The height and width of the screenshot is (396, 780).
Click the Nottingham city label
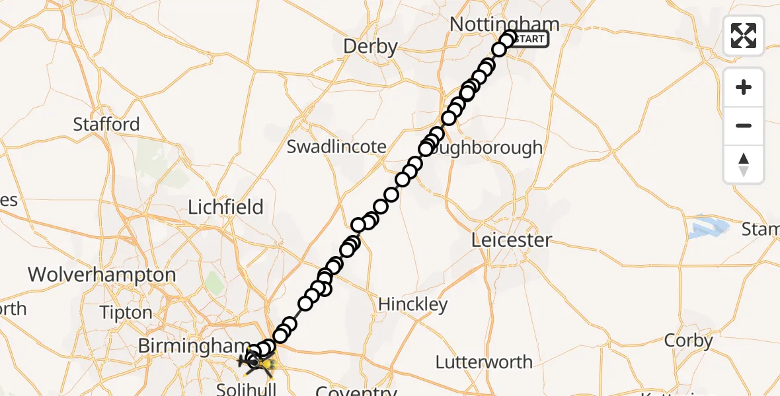pyautogui.click(x=504, y=24)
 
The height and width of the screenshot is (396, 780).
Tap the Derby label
pyautogui.click(x=370, y=47)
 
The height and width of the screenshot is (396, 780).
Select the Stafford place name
pyautogui.click(x=106, y=124)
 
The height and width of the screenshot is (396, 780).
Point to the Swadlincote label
pyautogui.click(x=336, y=147)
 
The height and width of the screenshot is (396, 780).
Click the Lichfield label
pyautogui.click(x=225, y=207)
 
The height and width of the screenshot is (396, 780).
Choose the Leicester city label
pyautogui.click(x=511, y=240)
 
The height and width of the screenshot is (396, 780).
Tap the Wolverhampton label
pyautogui.click(x=102, y=275)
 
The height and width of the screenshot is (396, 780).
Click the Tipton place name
pyautogui.click(x=126, y=312)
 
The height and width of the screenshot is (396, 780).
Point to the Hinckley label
pyautogui.click(x=412, y=304)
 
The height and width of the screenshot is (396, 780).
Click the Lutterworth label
pyautogui.click(x=484, y=362)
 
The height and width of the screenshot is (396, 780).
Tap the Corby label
pyautogui.click(x=687, y=341)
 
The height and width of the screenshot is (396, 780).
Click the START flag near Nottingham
pyautogui.click(x=529, y=39)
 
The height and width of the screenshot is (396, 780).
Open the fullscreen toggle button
pyautogui.click(x=744, y=36)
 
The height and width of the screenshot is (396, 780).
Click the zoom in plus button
pyautogui.click(x=744, y=87)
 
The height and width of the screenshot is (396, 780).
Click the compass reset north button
pyautogui.click(x=744, y=164)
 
